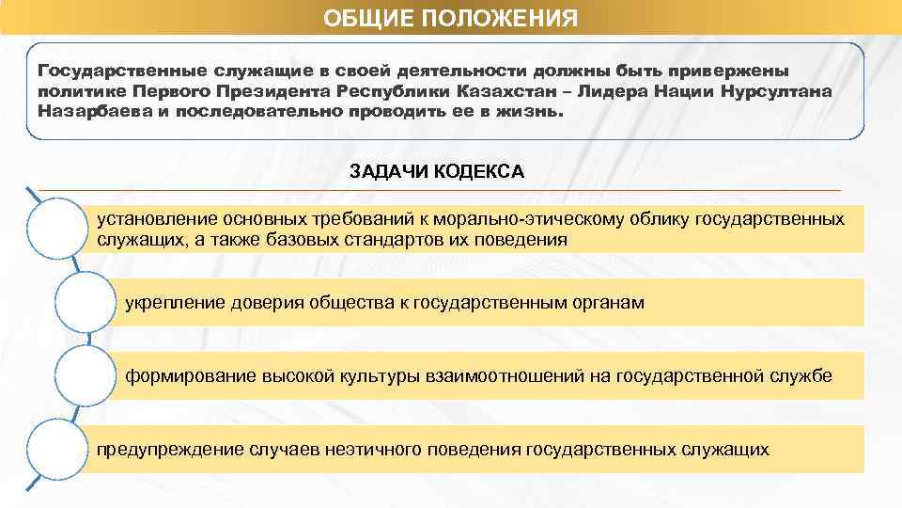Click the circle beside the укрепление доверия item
[x=86, y=302]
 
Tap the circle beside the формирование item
[x=86, y=375]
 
